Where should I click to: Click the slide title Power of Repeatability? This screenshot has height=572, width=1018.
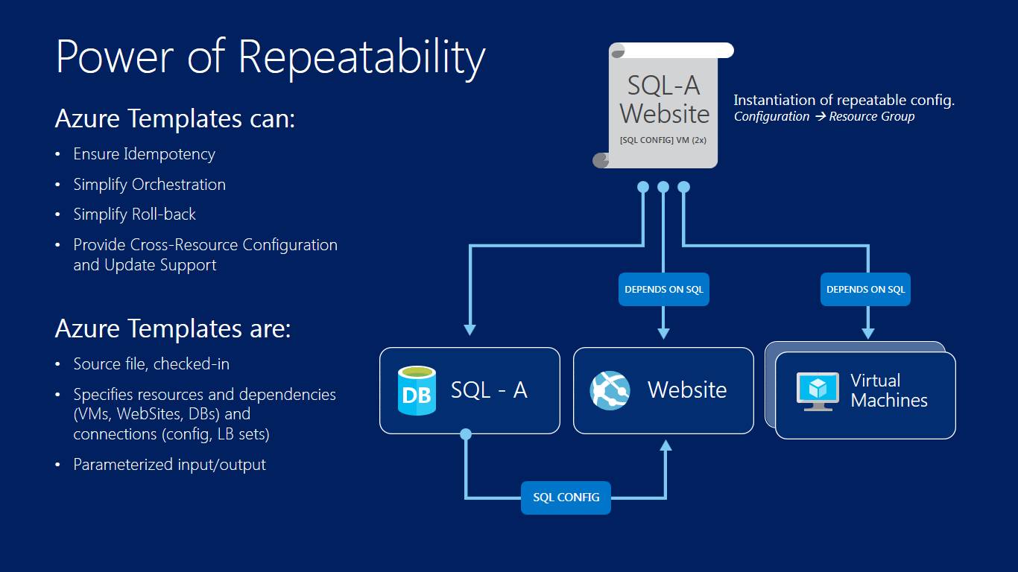[271, 57]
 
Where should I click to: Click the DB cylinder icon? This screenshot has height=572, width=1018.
[417, 391]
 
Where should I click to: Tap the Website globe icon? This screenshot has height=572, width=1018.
[610, 391]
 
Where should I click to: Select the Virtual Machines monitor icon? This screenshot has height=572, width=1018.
[818, 392]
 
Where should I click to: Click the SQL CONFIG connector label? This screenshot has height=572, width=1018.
[566, 498]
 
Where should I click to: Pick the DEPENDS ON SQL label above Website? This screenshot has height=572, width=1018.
[663, 290]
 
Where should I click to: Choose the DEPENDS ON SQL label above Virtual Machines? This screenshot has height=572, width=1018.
[865, 290]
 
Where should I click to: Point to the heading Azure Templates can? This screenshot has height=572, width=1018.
[175, 118]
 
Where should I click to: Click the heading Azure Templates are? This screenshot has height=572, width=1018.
[173, 328]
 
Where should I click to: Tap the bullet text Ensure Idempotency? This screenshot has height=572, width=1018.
[144, 154]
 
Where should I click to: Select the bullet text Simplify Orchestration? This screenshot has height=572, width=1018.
[150, 185]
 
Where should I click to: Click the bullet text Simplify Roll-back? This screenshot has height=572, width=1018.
[135, 214]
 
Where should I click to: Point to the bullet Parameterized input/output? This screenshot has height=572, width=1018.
[169, 465]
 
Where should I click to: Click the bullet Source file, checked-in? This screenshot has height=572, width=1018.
[151, 364]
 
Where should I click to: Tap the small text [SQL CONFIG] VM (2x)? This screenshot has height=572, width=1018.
[663, 140]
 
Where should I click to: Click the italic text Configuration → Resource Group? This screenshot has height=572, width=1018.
[824, 116]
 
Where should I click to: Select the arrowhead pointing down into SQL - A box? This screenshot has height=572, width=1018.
[470, 330]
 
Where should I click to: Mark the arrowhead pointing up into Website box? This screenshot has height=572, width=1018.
[666, 445]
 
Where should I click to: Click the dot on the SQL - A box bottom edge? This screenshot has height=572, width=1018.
[466, 434]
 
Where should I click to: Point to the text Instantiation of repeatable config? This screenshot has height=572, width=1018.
[844, 100]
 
